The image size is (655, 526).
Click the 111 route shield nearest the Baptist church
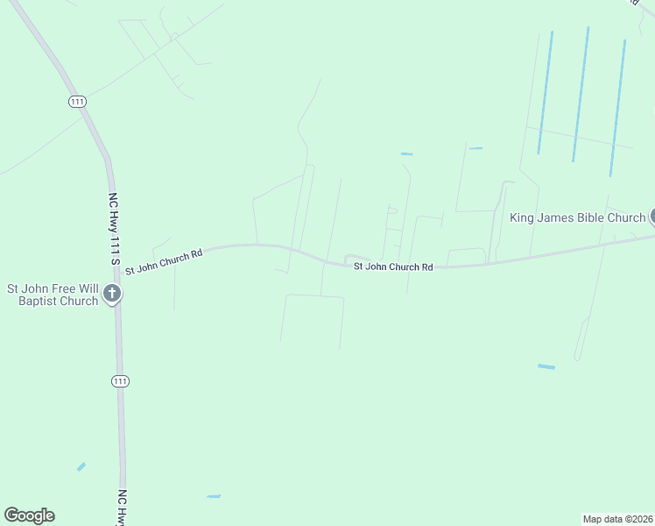pos(121,380)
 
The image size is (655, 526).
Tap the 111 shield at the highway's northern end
pos(78,103)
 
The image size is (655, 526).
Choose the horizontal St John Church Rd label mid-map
pos(393,267)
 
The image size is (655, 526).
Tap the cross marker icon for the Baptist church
pos(111,295)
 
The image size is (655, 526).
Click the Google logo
pos(29,515)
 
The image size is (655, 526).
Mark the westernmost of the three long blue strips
pos(546,92)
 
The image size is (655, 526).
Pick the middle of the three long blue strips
pos(581,94)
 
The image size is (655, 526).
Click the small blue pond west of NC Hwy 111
pos(81,466)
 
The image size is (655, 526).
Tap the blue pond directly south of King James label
pos(546,366)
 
